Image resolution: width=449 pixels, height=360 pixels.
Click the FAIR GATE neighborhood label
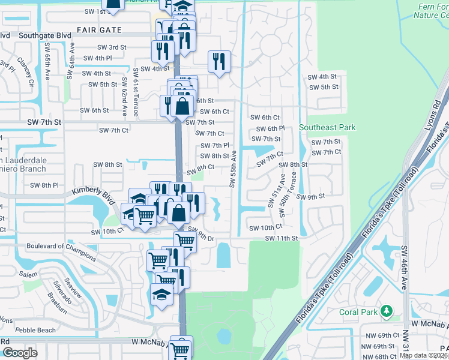tap(99, 30)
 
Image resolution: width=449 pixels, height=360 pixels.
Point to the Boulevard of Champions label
tap(61, 251)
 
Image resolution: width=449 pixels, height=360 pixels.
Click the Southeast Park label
tap(327, 127)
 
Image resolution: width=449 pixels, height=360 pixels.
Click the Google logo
tap(19, 353)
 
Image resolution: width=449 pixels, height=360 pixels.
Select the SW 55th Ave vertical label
tap(232, 169)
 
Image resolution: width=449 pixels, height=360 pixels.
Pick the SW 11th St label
tap(282, 238)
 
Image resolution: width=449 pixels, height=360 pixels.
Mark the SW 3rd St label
tap(112, 47)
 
